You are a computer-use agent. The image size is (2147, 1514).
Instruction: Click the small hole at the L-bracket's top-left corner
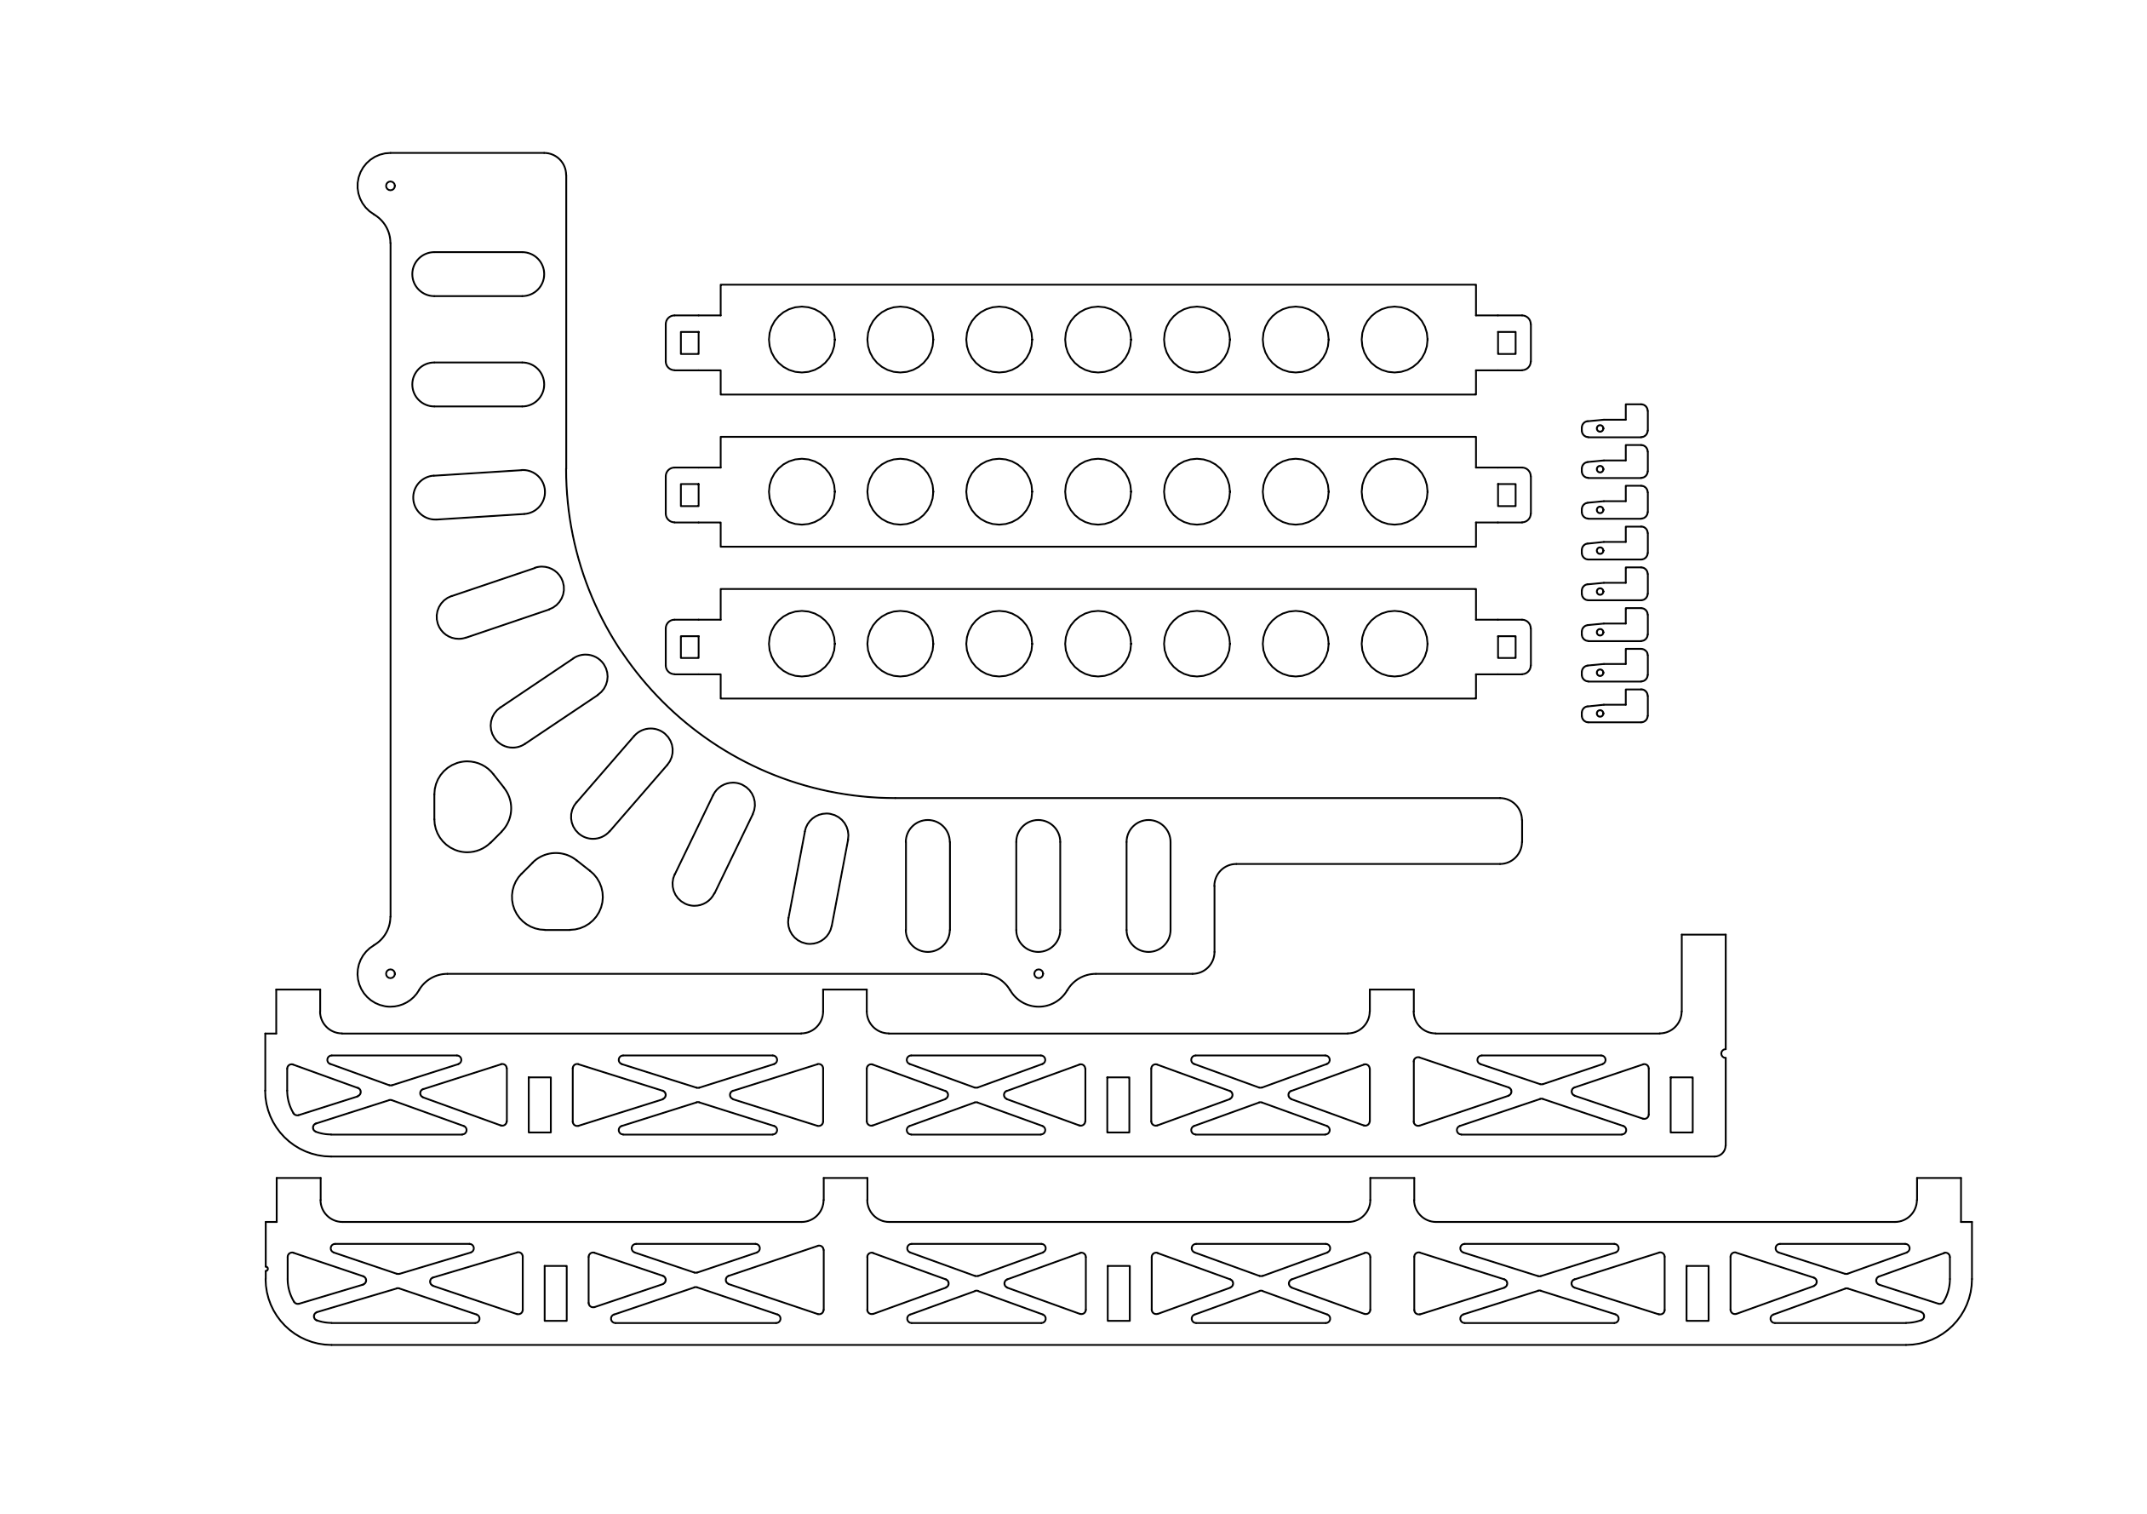pos(391,186)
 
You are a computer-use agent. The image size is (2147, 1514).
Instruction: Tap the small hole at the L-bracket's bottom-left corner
pos(391,973)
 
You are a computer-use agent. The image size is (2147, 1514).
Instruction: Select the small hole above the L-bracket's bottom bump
pos(1038,973)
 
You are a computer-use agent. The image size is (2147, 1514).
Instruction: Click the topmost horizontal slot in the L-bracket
pos(478,274)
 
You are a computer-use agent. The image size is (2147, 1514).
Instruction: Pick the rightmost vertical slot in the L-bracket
pos(1148,886)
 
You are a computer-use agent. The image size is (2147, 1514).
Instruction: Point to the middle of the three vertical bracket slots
pos(1038,886)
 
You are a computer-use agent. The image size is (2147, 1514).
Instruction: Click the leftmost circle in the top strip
pos(801,340)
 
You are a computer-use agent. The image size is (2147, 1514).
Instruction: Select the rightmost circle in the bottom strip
pos(1394,644)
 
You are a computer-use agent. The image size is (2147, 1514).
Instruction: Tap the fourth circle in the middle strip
pos(1098,492)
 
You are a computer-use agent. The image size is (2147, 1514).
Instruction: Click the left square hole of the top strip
pos(690,343)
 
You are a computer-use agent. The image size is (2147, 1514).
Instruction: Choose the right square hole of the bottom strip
pos(1507,647)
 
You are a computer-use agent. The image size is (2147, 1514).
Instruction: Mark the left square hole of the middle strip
pos(690,495)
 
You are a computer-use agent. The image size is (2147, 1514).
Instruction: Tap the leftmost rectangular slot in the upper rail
pos(540,1104)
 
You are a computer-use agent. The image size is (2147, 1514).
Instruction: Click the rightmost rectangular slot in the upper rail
pos(1681,1104)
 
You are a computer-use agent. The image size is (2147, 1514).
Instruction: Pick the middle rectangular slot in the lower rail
pos(1119,1293)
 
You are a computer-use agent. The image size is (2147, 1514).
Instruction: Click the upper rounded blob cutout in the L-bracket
pos(471,806)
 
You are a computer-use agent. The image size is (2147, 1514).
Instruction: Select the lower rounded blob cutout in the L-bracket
pos(558,893)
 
